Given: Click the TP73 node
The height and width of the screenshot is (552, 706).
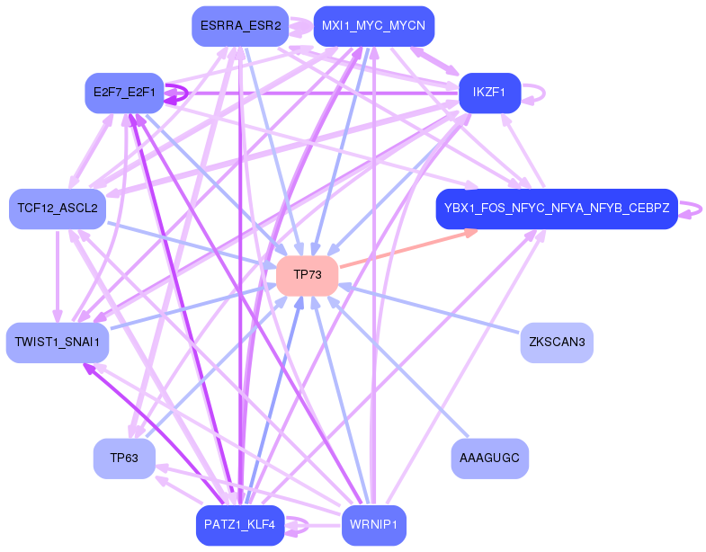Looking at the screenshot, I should [308, 275].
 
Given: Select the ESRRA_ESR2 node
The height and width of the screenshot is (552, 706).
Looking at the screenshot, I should [240, 26].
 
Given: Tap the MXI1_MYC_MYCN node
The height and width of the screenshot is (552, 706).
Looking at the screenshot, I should [373, 26].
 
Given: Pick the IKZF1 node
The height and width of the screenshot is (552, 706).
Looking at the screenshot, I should [490, 93].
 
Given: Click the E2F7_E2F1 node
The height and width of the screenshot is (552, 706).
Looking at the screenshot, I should [124, 93].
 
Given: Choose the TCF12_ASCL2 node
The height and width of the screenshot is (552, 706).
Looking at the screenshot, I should [58, 209].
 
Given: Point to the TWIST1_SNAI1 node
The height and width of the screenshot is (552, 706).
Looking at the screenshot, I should [58, 343].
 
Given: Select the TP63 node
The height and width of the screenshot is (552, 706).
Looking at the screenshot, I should [124, 459].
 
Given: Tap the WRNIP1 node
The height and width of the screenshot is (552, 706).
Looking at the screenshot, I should [373, 525].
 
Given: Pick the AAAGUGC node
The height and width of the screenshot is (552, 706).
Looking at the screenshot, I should [489, 459].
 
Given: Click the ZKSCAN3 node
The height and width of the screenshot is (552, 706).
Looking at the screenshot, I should [557, 343].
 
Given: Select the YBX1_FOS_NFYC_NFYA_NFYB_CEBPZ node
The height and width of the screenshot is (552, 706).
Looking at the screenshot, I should [557, 209].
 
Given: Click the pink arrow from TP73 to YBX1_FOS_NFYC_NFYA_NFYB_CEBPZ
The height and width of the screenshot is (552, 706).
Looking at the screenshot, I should [409, 247].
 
